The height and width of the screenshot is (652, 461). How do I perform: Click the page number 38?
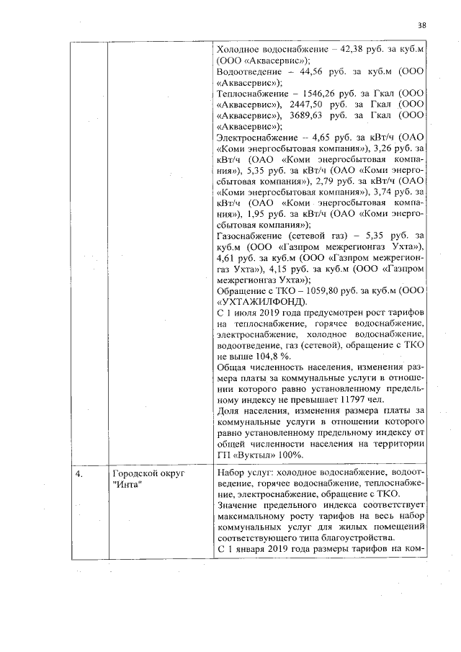pyautogui.click(x=422, y=25)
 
